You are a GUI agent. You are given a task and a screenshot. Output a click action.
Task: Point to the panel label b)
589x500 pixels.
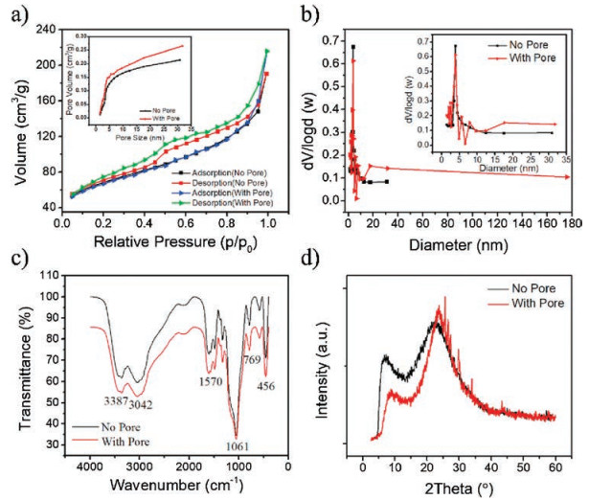pos(307,14)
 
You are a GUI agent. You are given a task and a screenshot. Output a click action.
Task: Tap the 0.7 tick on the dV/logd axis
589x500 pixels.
pos(328,39)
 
